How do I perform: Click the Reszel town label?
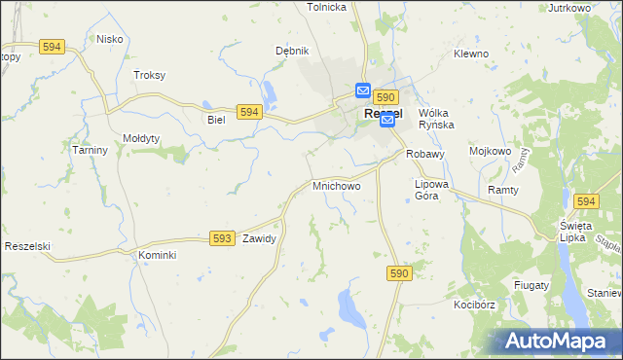tap(385, 114)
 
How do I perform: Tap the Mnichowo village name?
tap(337, 185)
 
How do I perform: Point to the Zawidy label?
tap(260, 238)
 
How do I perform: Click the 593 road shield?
tap(222, 238)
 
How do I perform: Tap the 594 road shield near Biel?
tap(249, 113)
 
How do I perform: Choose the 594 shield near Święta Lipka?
tap(585, 201)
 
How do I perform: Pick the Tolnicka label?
tap(327, 7)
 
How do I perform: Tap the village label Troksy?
tap(149, 75)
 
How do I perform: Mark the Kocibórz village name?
tap(475, 305)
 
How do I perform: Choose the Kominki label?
tap(157, 255)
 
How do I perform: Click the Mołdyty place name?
tap(141, 138)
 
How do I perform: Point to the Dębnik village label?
tap(292, 51)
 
